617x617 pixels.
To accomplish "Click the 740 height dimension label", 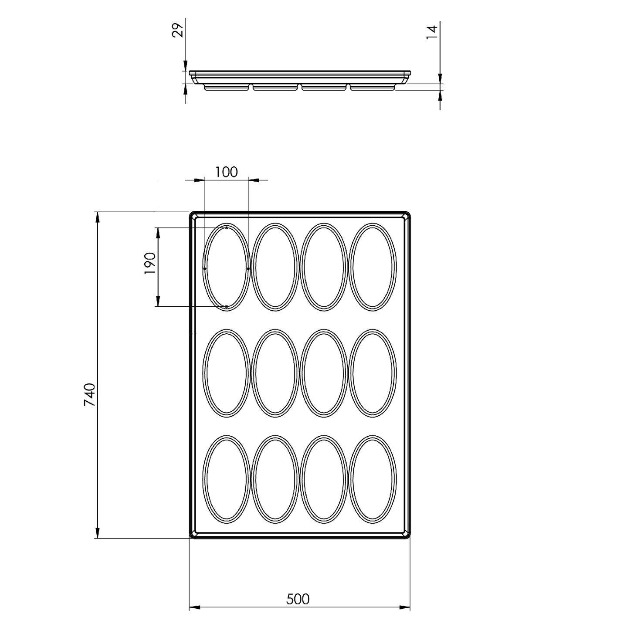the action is [90, 394].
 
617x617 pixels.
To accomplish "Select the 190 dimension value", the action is [150, 263].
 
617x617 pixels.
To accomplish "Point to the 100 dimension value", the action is [226, 172].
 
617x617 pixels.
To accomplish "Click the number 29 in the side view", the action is [178, 30].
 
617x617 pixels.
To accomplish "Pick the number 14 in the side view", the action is [432, 32].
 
